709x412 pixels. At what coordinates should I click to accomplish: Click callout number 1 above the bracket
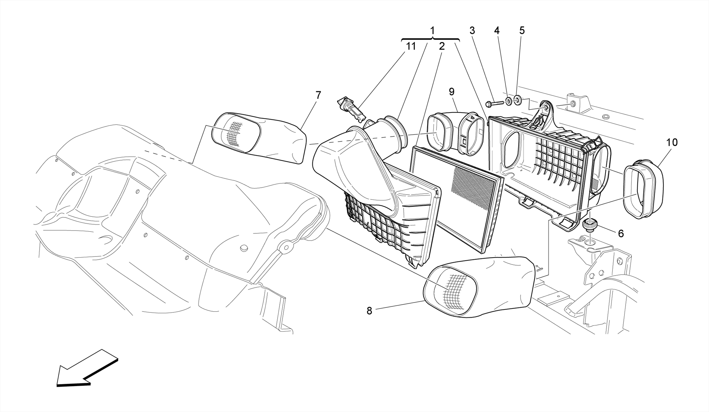point(432,30)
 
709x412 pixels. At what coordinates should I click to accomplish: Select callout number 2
point(441,46)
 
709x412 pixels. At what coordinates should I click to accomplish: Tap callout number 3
point(472,30)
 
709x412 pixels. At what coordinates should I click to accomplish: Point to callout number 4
point(497,30)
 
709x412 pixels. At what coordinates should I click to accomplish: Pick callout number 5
point(522,30)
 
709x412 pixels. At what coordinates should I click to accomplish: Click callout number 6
point(621,234)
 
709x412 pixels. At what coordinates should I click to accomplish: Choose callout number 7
point(318,95)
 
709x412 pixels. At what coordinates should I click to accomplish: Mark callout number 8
point(369,311)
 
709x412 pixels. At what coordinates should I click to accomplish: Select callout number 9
point(451,92)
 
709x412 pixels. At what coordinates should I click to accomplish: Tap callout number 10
point(672,142)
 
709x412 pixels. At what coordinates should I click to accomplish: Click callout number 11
point(411,46)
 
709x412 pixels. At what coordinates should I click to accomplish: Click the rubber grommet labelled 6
point(589,225)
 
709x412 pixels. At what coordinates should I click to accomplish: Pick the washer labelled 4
point(509,101)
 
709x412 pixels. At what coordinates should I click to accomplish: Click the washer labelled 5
point(517,101)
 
